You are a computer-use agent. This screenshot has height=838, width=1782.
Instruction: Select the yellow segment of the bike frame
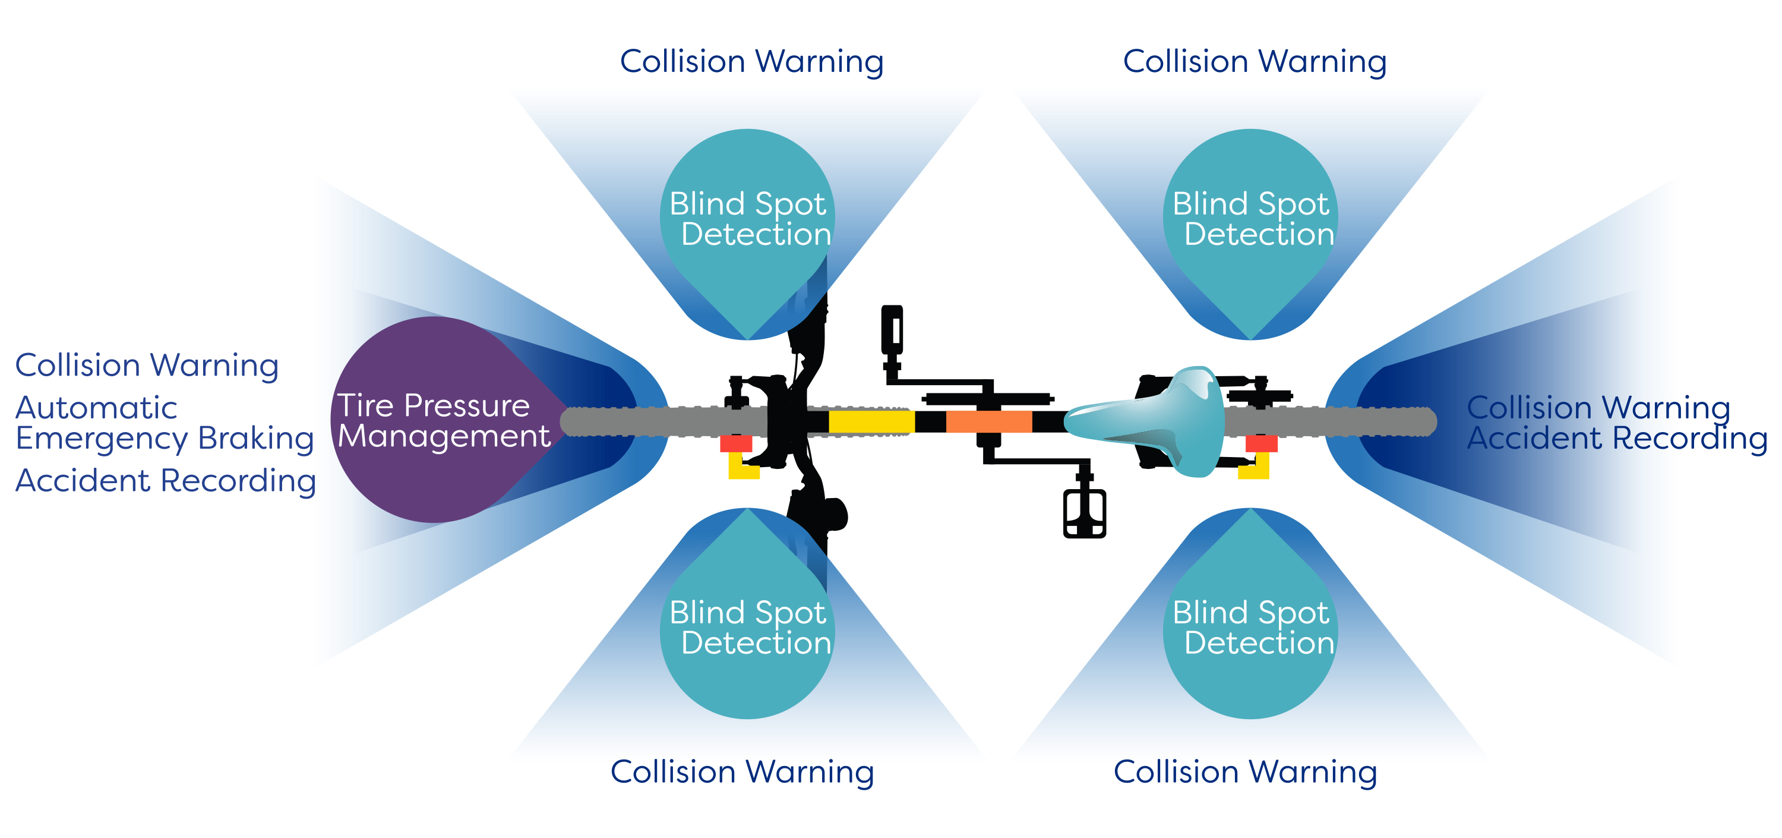coord(871,421)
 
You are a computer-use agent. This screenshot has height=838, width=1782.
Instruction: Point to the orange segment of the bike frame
coord(988,421)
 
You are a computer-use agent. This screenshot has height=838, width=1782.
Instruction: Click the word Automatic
coord(96,408)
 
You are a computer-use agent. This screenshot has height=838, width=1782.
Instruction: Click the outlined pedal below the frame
coord(1084,513)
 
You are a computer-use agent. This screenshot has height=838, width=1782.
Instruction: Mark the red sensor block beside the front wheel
coord(735,443)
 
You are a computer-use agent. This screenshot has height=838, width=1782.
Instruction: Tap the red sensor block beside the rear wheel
coord(1261,443)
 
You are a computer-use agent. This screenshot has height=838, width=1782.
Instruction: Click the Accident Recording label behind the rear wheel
coord(1617,438)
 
